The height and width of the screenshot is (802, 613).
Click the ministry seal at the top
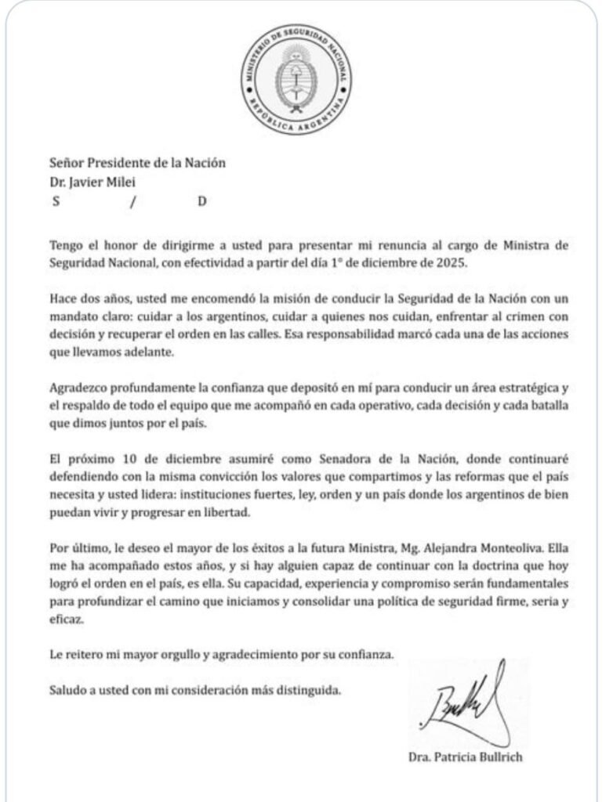click(x=296, y=80)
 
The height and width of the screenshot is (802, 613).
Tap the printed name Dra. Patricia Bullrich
click(x=465, y=757)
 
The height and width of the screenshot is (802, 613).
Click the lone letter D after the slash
click(x=201, y=201)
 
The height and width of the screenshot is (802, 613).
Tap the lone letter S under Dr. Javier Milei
click(x=56, y=201)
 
